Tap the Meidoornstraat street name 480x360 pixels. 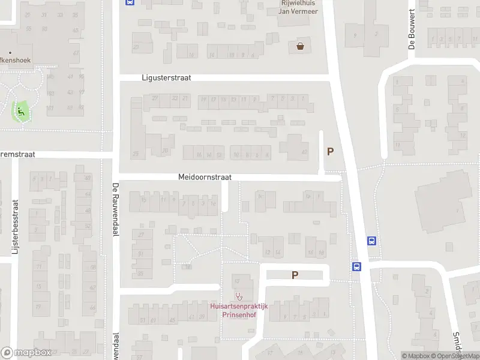(205, 178)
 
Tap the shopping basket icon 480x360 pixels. (300, 46)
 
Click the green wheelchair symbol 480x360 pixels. (21, 110)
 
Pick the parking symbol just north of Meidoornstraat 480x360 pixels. (330, 152)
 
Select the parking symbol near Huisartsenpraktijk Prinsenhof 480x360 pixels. (295, 275)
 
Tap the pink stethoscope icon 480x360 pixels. (239, 296)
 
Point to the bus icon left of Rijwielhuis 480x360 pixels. (130, 2)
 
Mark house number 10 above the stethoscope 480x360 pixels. (236, 280)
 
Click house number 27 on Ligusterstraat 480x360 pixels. (155, 98)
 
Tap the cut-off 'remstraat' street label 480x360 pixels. (17, 154)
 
